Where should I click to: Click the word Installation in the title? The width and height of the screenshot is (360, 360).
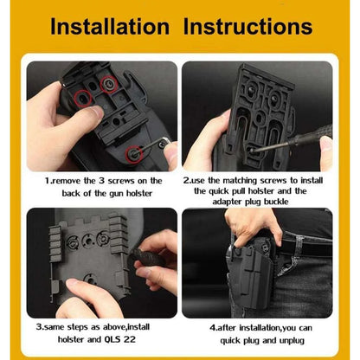tap(110, 27)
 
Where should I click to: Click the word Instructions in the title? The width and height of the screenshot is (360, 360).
tap(248, 27)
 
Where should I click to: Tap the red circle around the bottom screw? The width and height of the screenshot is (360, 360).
tap(134, 153)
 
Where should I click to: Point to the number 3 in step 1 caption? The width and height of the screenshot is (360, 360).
tap(101, 181)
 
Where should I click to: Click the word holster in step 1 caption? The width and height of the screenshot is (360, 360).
tap(139, 193)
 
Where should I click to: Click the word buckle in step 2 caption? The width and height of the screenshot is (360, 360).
tap(276, 202)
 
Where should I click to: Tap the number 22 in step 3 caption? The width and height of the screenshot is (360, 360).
tap(130, 339)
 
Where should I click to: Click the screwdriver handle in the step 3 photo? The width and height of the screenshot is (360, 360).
tap(148, 257)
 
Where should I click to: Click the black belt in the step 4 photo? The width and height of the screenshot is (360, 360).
tap(305, 246)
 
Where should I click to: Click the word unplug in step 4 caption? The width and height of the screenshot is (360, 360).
tap(292, 341)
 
